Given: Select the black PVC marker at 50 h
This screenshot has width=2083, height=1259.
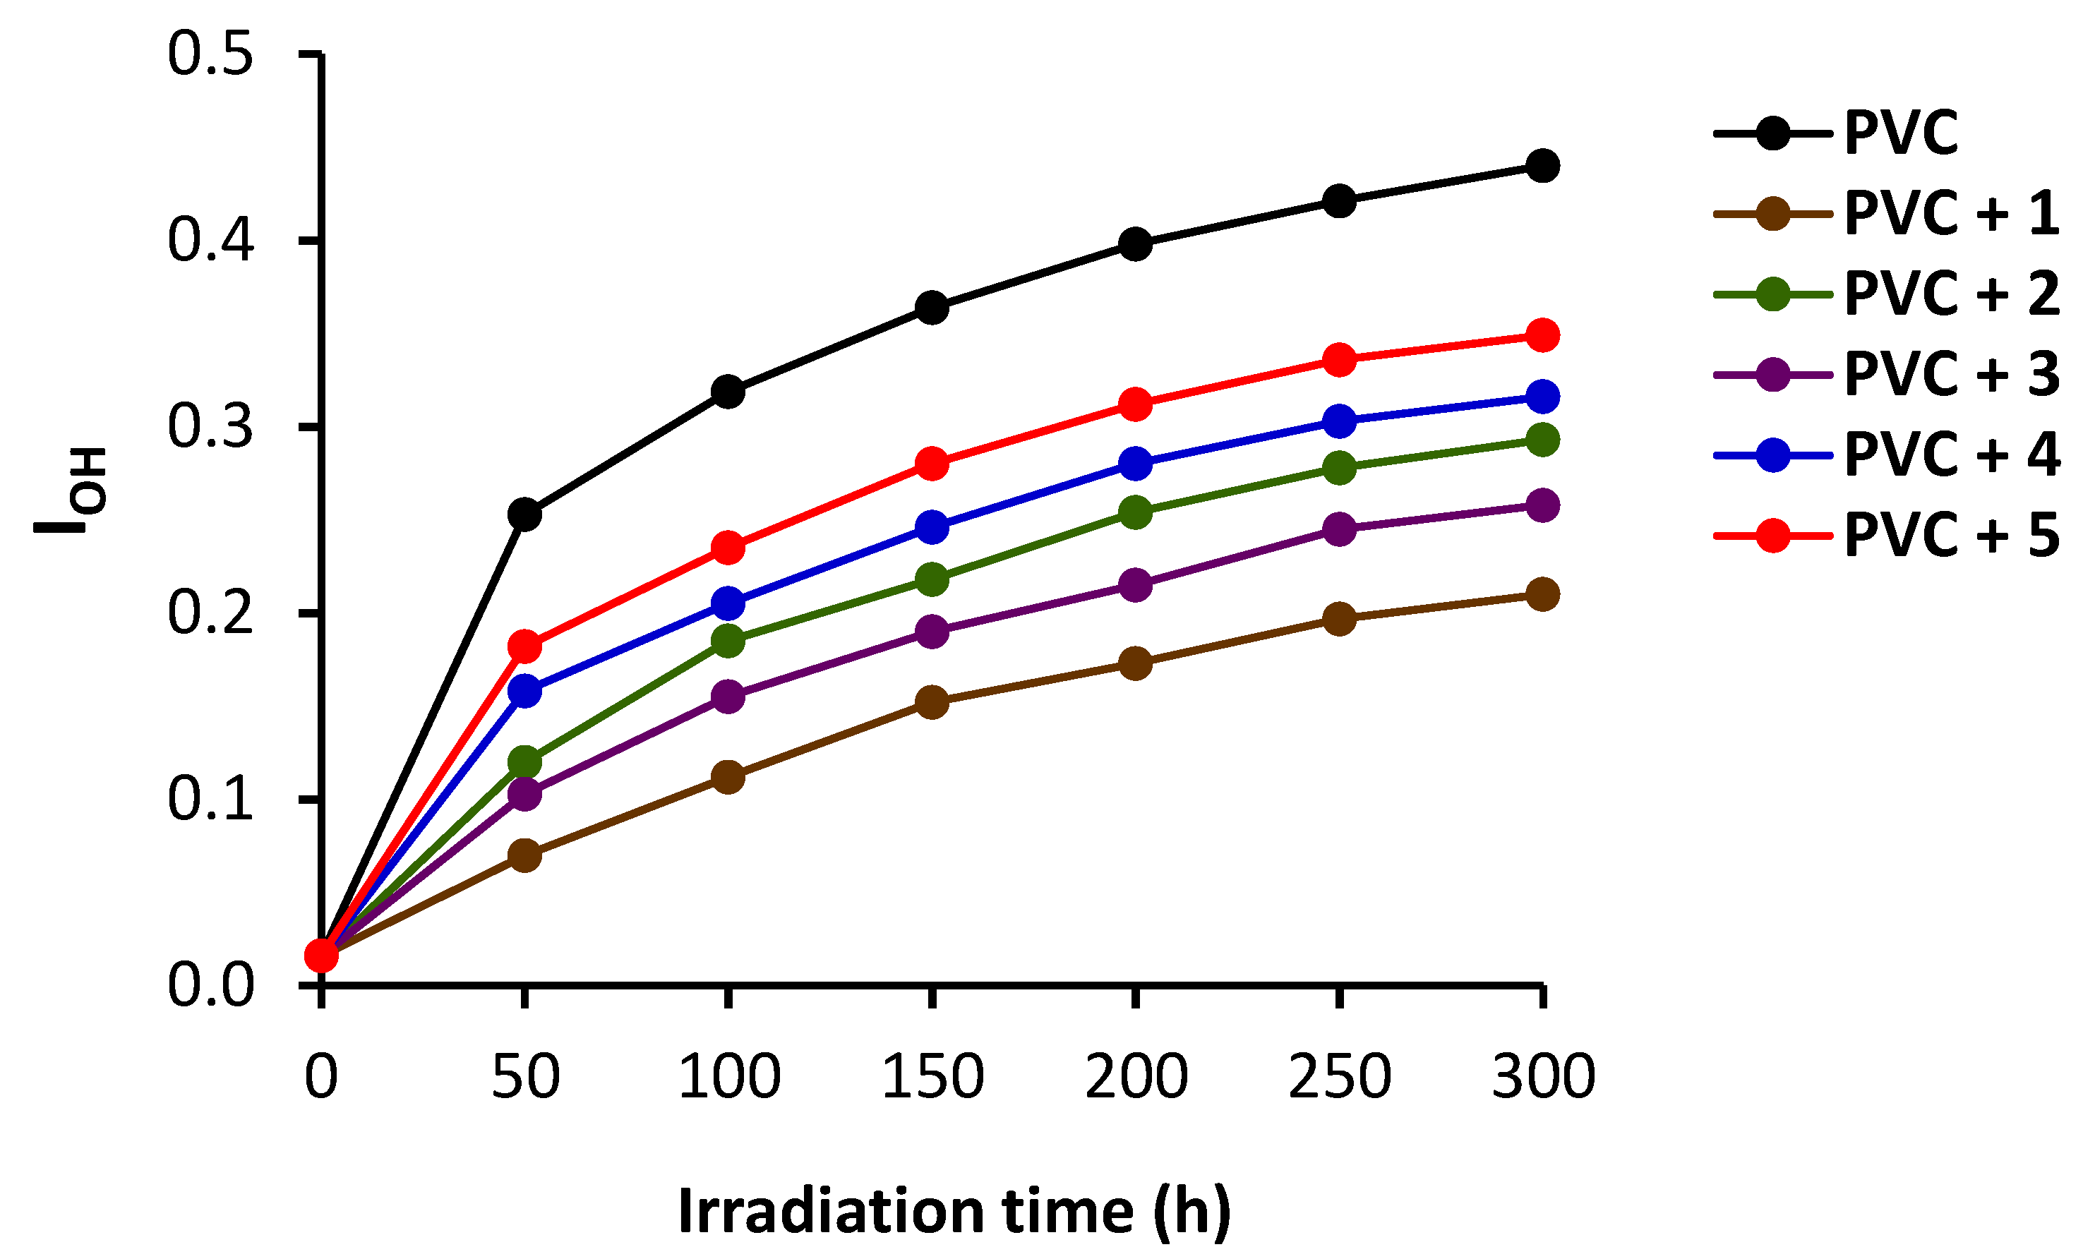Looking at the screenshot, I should tap(524, 514).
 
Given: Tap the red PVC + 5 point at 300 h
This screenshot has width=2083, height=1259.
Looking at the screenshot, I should tap(1543, 335).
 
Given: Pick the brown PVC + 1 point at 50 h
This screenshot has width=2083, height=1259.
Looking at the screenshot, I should tap(524, 855).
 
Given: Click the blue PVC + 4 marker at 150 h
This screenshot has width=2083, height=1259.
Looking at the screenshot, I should tap(932, 526).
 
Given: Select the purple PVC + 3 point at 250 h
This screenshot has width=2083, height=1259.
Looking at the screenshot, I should tap(1339, 529).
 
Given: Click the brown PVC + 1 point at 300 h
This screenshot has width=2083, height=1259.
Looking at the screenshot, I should tap(1543, 594).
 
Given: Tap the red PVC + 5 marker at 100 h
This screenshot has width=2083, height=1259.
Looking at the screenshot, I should tap(728, 548).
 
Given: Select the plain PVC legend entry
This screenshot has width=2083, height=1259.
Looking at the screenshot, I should tap(1900, 133).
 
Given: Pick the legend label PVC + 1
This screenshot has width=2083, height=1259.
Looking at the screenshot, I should tap(1951, 212).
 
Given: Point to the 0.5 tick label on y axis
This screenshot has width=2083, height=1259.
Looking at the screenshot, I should tap(210, 55).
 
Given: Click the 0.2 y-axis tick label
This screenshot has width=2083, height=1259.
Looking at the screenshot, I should tap(210, 613).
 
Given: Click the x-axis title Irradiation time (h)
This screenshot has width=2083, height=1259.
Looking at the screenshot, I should tap(954, 1211).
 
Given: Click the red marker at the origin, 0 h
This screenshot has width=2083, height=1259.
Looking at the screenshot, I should tap(320, 955).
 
